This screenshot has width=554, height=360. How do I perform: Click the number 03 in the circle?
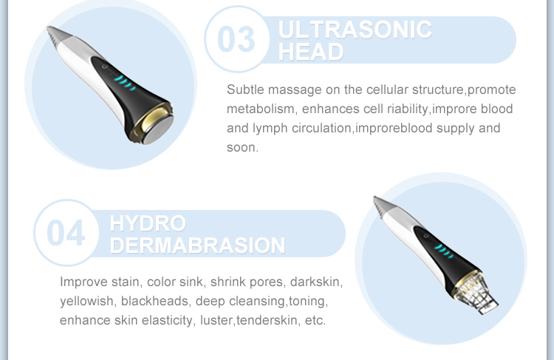[237, 39]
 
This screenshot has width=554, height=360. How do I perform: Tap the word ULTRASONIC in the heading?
[355, 30]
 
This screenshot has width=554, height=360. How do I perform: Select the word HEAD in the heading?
[311, 52]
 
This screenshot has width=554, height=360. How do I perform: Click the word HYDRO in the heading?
[147, 223]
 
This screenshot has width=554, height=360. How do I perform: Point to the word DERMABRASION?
[196, 245]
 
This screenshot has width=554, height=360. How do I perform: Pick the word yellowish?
[86, 302]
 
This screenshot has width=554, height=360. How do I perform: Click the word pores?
[266, 282]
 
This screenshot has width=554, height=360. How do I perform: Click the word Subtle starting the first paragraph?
[245, 89]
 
